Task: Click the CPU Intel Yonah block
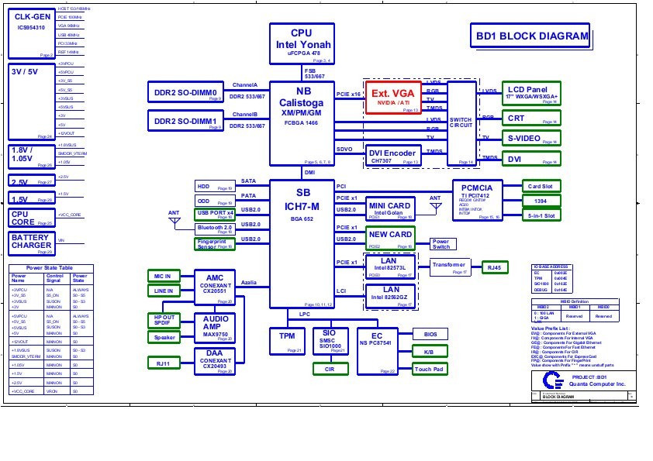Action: click(x=302, y=43)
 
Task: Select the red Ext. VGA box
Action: click(x=392, y=97)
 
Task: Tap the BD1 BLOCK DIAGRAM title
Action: click(x=530, y=36)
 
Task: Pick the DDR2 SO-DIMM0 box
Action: click(x=185, y=92)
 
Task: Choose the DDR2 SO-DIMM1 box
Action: click(x=185, y=121)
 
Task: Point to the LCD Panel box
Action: click(x=530, y=93)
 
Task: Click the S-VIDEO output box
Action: click(x=530, y=138)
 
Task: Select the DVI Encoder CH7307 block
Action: click(x=392, y=155)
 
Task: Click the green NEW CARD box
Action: click(x=390, y=236)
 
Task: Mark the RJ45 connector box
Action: click(x=493, y=267)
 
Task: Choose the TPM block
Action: click(x=286, y=339)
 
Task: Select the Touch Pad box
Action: click(x=429, y=369)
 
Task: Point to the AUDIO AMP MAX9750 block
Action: click(x=215, y=325)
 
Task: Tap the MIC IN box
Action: click(x=163, y=276)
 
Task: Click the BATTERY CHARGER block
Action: click(x=32, y=243)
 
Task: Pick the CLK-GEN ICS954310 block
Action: click(x=32, y=31)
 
